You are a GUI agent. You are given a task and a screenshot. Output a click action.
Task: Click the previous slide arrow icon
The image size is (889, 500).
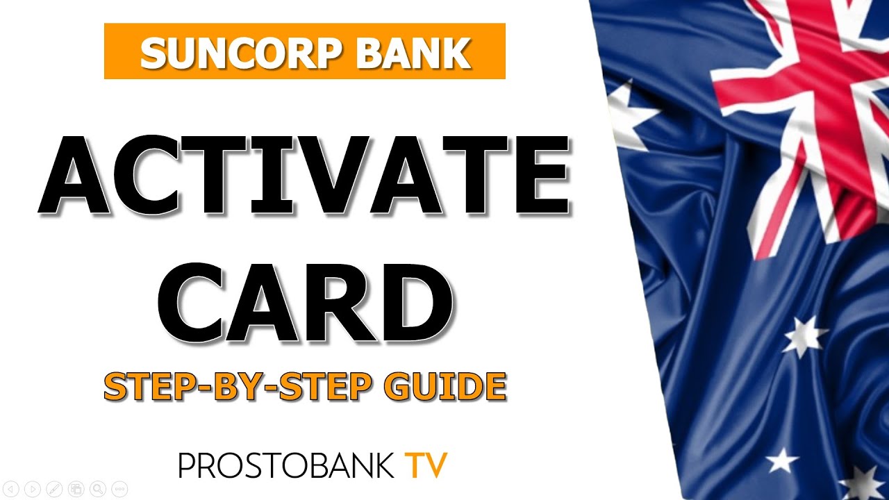(12, 489)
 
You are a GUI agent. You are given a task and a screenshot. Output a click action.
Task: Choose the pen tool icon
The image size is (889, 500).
(55, 489)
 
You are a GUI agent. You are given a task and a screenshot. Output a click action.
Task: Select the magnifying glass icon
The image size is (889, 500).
(98, 489)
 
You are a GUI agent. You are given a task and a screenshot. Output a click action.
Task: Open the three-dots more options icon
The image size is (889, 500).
(119, 489)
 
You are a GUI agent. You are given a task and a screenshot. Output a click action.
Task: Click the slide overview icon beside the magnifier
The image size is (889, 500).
(76, 489)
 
